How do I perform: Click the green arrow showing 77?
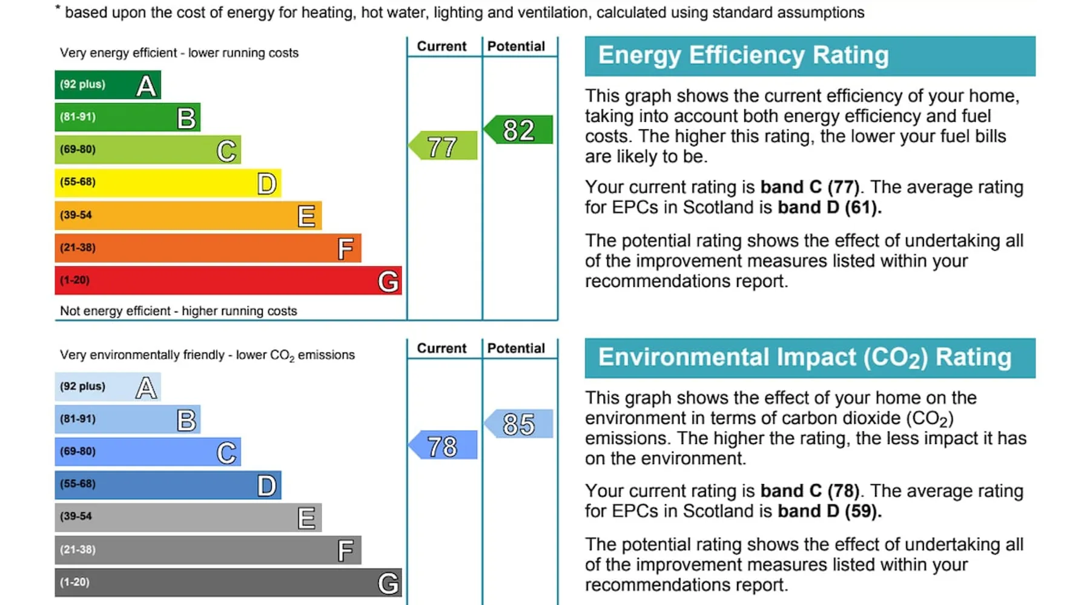pyautogui.click(x=444, y=146)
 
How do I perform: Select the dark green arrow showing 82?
pyautogui.click(x=519, y=129)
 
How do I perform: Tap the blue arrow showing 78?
pyautogui.click(x=444, y=446)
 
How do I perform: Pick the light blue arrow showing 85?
pyautogui.click(x=519, y=423)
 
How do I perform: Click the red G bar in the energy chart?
pyautogui.click(x=228, y=281)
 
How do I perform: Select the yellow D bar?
pyautogui.click(x=168, y=183)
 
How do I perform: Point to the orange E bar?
pyautogui.click(x=188, y=215)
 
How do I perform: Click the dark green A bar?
pyautogui.click(x=108, y=85)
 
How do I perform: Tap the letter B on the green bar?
pyautogui.click(x=187, y=118)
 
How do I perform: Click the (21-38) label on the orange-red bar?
pyautogui.click(x=78, y=247)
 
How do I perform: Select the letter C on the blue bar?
pyautogui.click(x=226, y=453)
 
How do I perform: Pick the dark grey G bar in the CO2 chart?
pyautogui.click(x=228, y=583)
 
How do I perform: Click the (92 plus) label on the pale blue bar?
pyautogui.click(x=82, y=386)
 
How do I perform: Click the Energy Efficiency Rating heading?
pyautogui.click(x=744, y=55)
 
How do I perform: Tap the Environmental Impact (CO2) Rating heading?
pyautogui.click(x=805, y=357)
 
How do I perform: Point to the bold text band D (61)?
pyautogui.click(x=830, y=208)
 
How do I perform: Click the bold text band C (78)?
pyautogui.click(x=810, y=491)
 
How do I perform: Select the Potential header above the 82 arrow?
pyautogui.click(x=516, y=47)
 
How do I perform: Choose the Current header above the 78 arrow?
pyautogui.click(x=441, y=348)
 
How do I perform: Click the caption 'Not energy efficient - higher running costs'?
pyautogui.click(x=179, y=311)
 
